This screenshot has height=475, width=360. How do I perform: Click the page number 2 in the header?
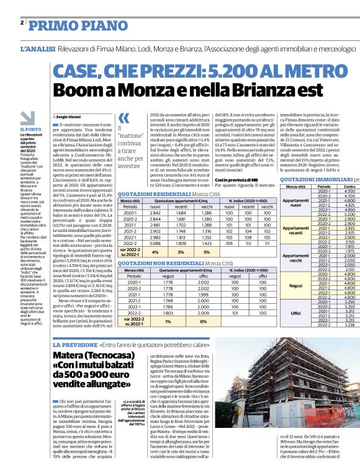(22, 22)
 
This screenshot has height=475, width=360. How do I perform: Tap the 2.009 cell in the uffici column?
(203, 314)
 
